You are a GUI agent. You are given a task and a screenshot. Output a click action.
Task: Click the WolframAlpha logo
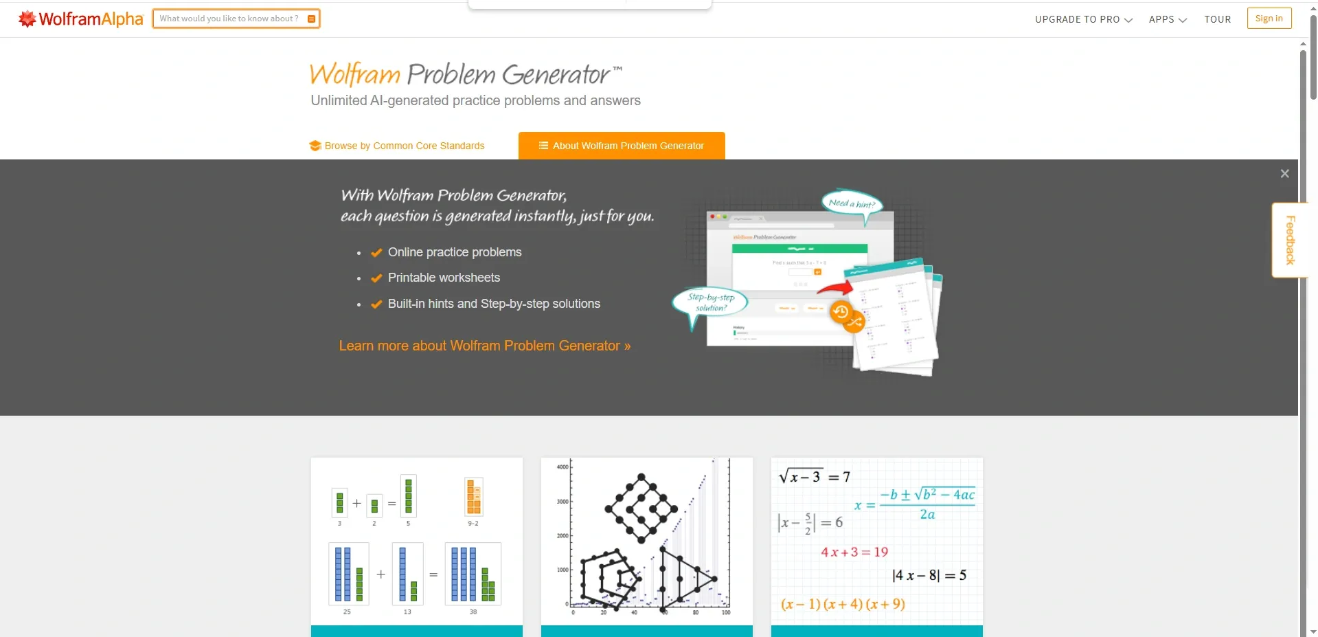pos(81,19)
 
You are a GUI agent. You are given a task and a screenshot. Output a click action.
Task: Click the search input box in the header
pos(229,19)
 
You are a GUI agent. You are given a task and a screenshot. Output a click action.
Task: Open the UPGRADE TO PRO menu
pos(1083,19)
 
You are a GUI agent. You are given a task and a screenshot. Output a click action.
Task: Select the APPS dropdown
pos(1167,19)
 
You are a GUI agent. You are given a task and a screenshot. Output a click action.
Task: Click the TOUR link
pos(1217,19)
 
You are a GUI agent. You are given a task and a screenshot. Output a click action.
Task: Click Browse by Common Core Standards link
pos(404,146)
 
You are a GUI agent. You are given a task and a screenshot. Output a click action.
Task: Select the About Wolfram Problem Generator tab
pos(622,146)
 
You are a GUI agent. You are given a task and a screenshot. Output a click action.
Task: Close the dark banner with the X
pos(1284,174)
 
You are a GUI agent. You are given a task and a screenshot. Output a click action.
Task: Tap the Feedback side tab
pos(1290,240)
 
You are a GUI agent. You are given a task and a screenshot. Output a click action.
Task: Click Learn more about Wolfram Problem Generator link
pos(484,346)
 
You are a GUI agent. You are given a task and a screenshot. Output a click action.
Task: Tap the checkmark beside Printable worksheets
pos(376,278)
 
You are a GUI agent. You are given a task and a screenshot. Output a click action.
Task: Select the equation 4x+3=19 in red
pos(854,552)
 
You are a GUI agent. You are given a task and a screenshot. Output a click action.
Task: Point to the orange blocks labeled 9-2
pos(473,498)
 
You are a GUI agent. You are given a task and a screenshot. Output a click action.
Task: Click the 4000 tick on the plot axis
pos(563,467)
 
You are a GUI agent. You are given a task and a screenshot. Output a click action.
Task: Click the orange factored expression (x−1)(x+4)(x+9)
pos(843,604)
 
